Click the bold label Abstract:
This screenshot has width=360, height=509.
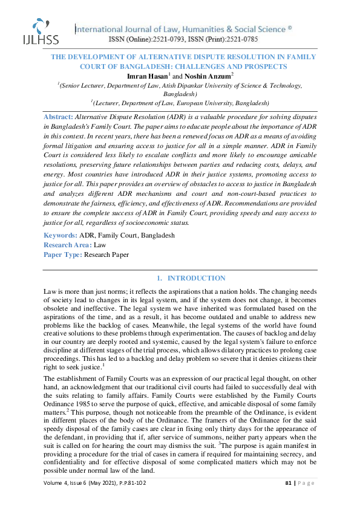(59, 115)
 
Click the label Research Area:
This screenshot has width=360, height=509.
(67, 245)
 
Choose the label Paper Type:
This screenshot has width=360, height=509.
(63, 254)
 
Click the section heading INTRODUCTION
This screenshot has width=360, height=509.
(195, 278)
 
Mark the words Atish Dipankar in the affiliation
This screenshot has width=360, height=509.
(185, 85)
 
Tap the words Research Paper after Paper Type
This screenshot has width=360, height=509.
(106, 254)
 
